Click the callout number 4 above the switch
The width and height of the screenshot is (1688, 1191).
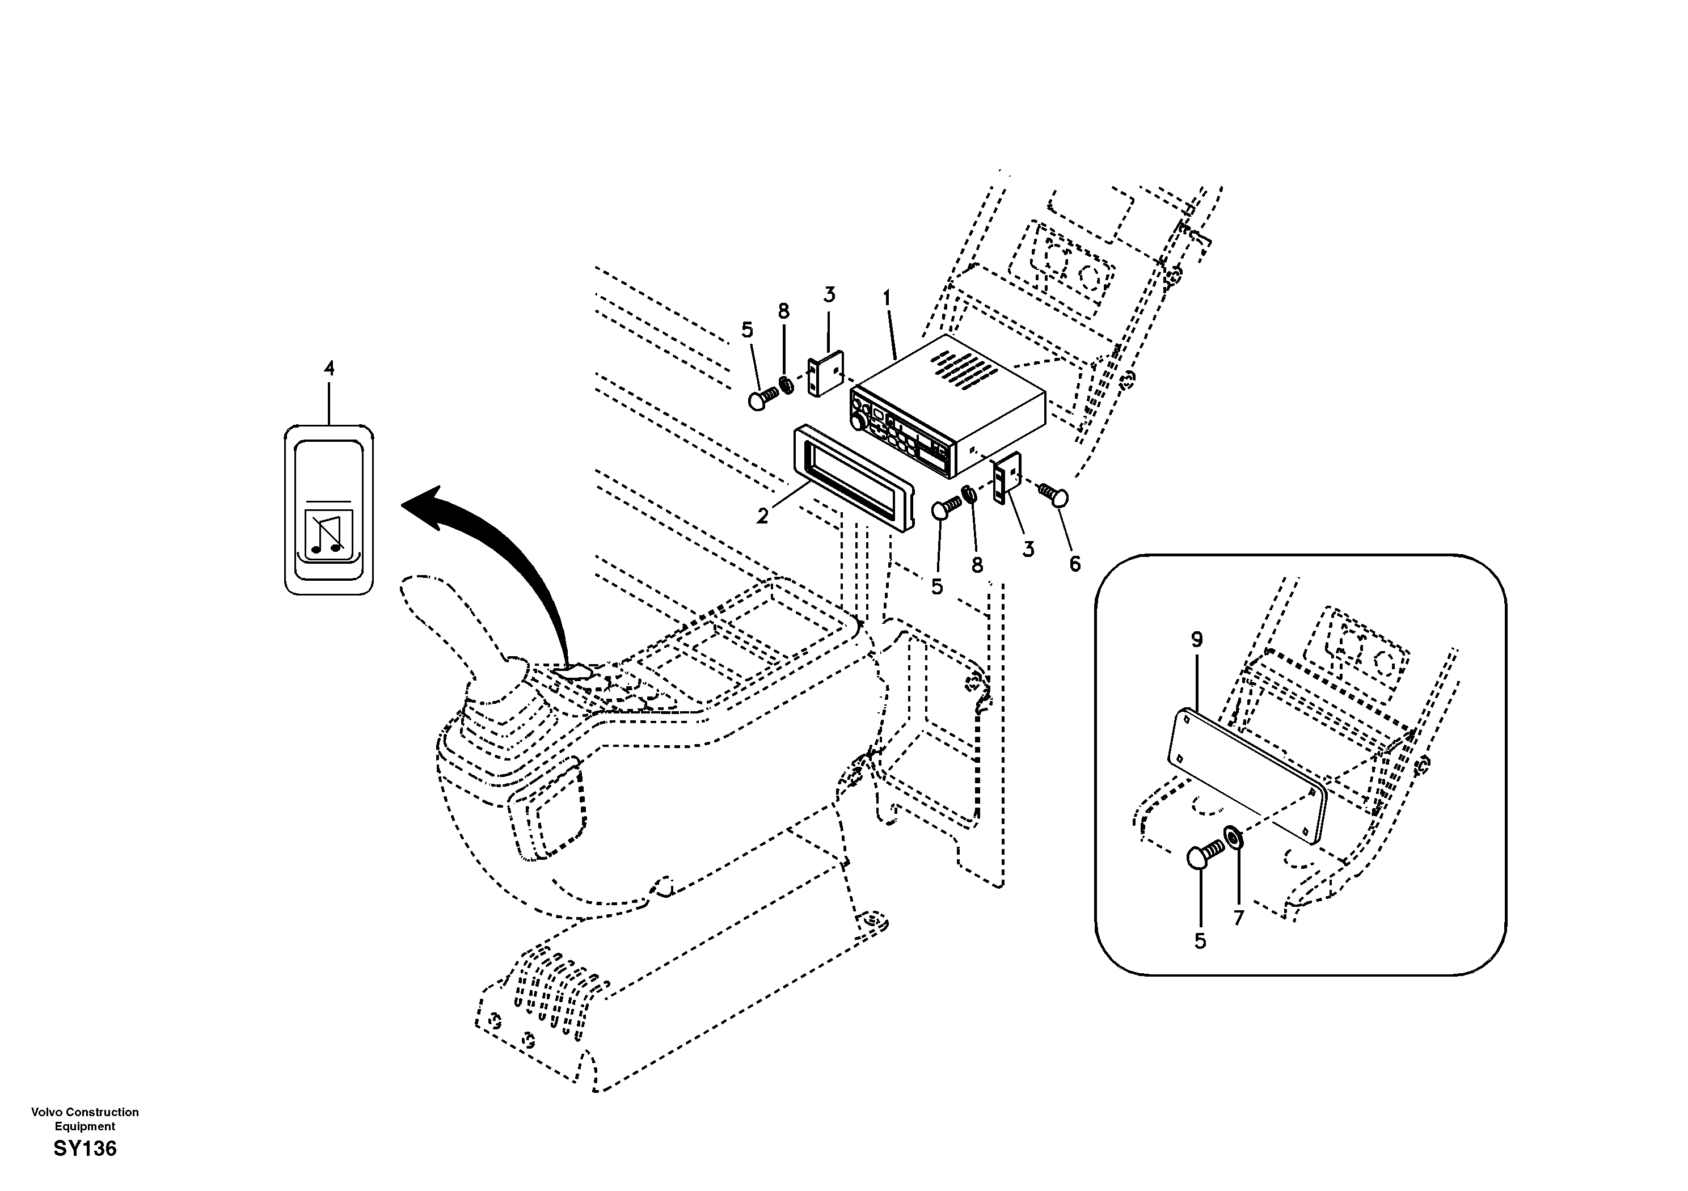[x=328, y=368]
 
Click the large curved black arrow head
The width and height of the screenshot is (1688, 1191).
[x=427, y=506]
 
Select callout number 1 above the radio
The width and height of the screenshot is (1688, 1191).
[x=887, y=298]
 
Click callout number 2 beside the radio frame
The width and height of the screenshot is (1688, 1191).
[x=762, y=516]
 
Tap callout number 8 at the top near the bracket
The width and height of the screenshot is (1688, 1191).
[x=784, y=312]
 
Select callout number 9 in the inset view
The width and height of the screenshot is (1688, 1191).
[x=1196, y=640]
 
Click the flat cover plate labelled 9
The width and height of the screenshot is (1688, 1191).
[x=1246, y=772]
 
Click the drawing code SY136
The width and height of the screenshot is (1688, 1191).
[x=85, y=1148]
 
